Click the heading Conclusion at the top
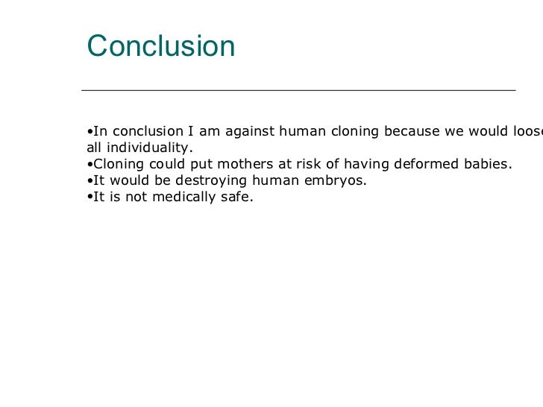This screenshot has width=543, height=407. pyautogui.click(x=161, y=46)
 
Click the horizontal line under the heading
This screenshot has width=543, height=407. pyautogui.click(x=298, y=90)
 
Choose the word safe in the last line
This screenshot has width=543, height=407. pyautogui.click(x=238, y=198)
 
